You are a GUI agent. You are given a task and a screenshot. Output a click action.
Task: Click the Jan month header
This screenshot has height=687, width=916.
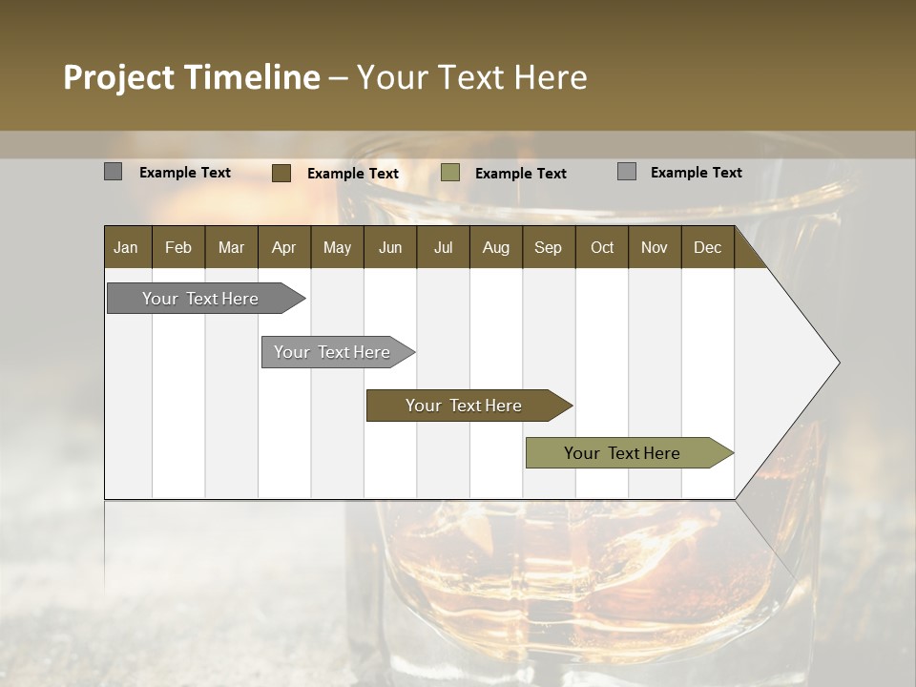coord(126,248)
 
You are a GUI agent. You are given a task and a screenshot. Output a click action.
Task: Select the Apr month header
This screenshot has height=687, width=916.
coord(283,248)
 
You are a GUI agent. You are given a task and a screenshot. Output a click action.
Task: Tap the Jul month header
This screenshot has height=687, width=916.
coord(443,248)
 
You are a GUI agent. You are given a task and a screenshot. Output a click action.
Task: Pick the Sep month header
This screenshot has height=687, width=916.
coord(548,248)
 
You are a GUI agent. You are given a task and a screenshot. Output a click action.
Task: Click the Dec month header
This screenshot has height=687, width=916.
coord(707,248)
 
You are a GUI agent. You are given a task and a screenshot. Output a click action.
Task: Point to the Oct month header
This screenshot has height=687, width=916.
coord(602,248)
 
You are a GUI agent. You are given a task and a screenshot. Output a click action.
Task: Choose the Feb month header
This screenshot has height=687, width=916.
coord(178,248)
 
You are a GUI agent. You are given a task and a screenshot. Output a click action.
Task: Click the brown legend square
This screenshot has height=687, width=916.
coord(281,173)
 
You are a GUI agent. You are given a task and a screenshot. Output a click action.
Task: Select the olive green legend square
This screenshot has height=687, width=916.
coord(450,173)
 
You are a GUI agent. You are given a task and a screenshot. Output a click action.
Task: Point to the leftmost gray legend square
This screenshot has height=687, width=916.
coord(113,172)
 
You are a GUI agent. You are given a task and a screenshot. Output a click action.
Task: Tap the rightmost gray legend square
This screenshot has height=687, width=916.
coord(627,172)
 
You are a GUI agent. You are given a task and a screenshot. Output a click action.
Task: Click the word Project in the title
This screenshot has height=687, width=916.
coord(119,77)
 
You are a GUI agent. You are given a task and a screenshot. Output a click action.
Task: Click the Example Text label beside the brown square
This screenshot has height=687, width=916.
coord(352,174)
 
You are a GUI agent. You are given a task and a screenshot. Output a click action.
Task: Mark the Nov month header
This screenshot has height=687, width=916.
coord(655,248)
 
